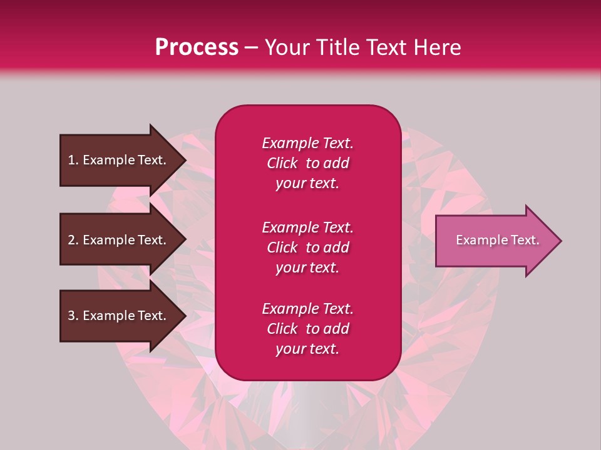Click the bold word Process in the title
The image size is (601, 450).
(197, 47)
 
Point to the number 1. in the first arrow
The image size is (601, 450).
(73, 160)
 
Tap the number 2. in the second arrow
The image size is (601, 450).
(73, 240)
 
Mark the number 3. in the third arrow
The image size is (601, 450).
(73, 316)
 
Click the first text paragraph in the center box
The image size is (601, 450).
(307, 163)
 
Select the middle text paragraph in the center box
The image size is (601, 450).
(307, 247)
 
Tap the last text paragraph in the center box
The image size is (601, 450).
(307, 329)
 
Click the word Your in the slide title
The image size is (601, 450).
(285, 47)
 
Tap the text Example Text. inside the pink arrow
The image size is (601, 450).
(497, 240)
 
